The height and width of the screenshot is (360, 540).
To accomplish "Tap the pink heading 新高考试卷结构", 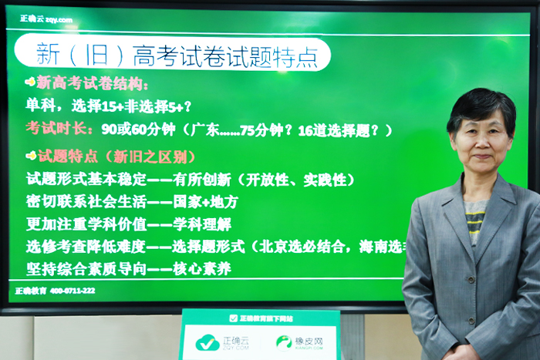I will [93, 83].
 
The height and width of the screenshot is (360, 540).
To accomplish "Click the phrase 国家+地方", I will [207, 203].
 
